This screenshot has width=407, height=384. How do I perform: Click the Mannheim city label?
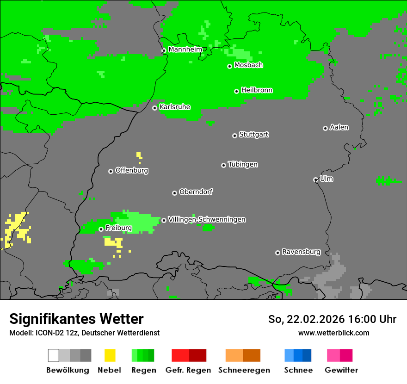click(185, 50)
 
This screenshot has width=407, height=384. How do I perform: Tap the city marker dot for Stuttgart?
click(234, 136)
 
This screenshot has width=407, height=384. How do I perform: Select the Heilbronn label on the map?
click(257, 90)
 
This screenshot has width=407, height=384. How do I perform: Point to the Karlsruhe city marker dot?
click(155, 108)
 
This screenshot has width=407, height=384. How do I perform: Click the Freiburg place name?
click(118, 228)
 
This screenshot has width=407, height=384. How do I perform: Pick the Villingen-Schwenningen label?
click(207, 219)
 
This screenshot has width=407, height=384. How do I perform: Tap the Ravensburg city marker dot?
click(277, 253)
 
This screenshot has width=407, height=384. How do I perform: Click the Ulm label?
click(327, 179)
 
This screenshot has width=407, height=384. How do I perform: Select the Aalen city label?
click(339, 127)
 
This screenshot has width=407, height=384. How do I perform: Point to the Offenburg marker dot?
click(111, 171)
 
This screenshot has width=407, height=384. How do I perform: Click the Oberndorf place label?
click(196, 192)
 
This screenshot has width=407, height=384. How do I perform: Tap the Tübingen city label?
click(243, 165)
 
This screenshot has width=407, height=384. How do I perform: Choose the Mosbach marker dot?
click(229, 66)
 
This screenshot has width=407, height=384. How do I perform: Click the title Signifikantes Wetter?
click(76, 319)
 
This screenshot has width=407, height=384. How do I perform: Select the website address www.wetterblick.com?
click(333, 333)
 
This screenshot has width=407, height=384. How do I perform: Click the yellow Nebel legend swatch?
click(110, 355)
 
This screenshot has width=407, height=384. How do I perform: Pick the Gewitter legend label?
click(341, 370)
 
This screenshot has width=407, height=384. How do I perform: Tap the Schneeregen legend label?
click(244, 370)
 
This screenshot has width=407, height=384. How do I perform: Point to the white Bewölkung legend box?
click(54, 355)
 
